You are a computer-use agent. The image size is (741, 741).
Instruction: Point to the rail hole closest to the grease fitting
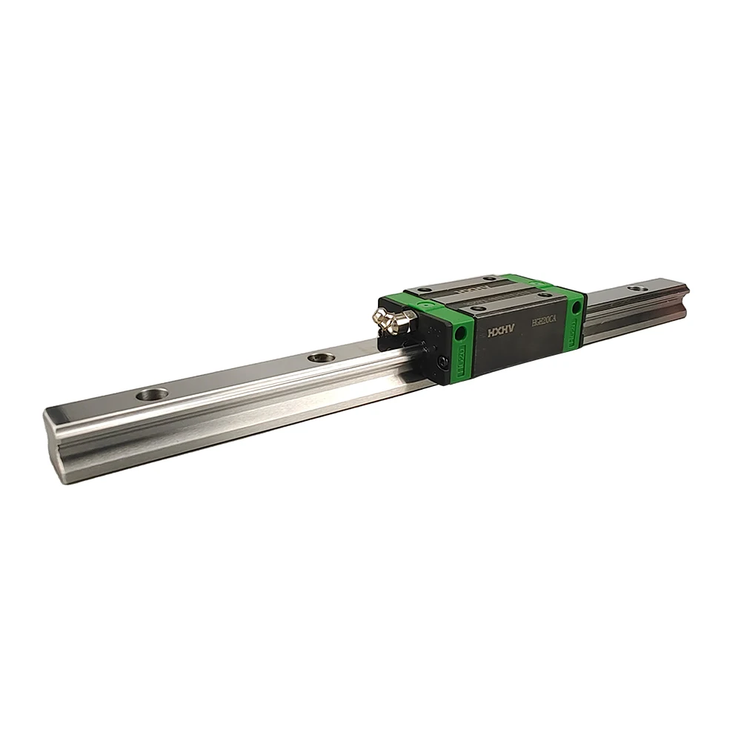[x=319, y=358]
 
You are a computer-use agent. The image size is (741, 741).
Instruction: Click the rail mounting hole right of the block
[x=635, y=288]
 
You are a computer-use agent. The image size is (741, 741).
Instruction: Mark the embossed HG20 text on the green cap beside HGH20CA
[x=575, y=331]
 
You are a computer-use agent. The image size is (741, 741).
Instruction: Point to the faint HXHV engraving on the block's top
[x=478, y=285]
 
